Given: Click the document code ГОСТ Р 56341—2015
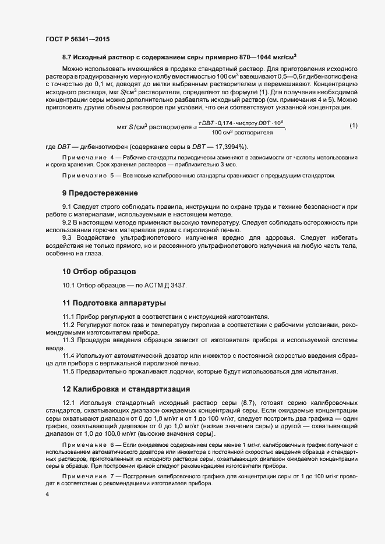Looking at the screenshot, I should (x=77, y=40).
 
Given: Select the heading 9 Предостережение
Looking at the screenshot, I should (x=100, y=193).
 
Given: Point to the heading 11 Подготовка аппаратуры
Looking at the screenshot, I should (x=114, y=303).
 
